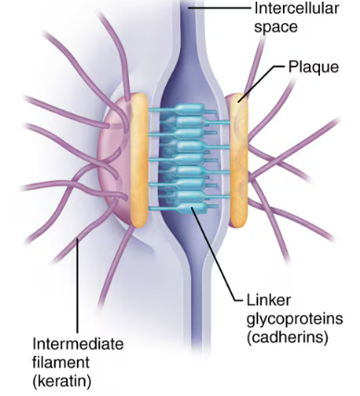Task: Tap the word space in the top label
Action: (275, 28)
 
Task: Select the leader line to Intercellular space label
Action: (223, 9)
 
